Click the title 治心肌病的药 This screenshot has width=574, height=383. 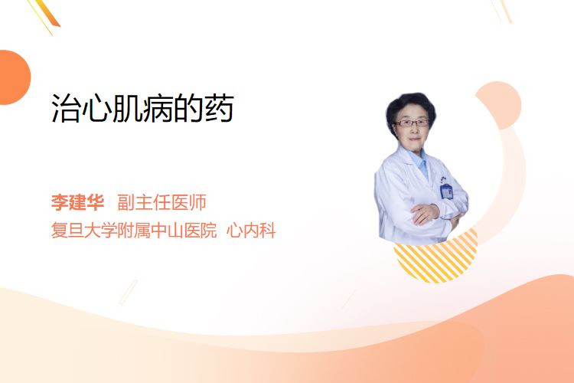pyautogui.click(x=142, y=108)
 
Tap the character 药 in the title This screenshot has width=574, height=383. pyautogui.click(x=220, y=108)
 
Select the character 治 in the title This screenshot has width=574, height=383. pyautogui.click(x=66, y=108)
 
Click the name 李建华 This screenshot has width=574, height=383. pyautogui.click(x=77, y=202)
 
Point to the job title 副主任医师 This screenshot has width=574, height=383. pyautogui.click(x=161, y=202)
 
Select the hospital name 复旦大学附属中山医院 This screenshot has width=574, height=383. pyautogui.click(x=134, y=231)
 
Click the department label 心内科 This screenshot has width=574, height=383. pyautogui.click(x=251, y=231)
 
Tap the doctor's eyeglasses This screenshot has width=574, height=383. pyautogui.click(x=411, y=123)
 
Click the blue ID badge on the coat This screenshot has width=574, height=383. pyautogui.click(x=446, y=191)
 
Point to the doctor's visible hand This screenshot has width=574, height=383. pyautogui.click(x=424, y=214)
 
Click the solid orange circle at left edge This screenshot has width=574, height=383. pyautogui.click(x=14, y=77)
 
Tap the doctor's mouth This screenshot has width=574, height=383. pyautogui.click(x=414, y=139)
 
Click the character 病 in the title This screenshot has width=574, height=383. pyautogui.click(x=158, y=108)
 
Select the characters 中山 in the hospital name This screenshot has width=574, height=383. pyautogui.click(x=167, y=231)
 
